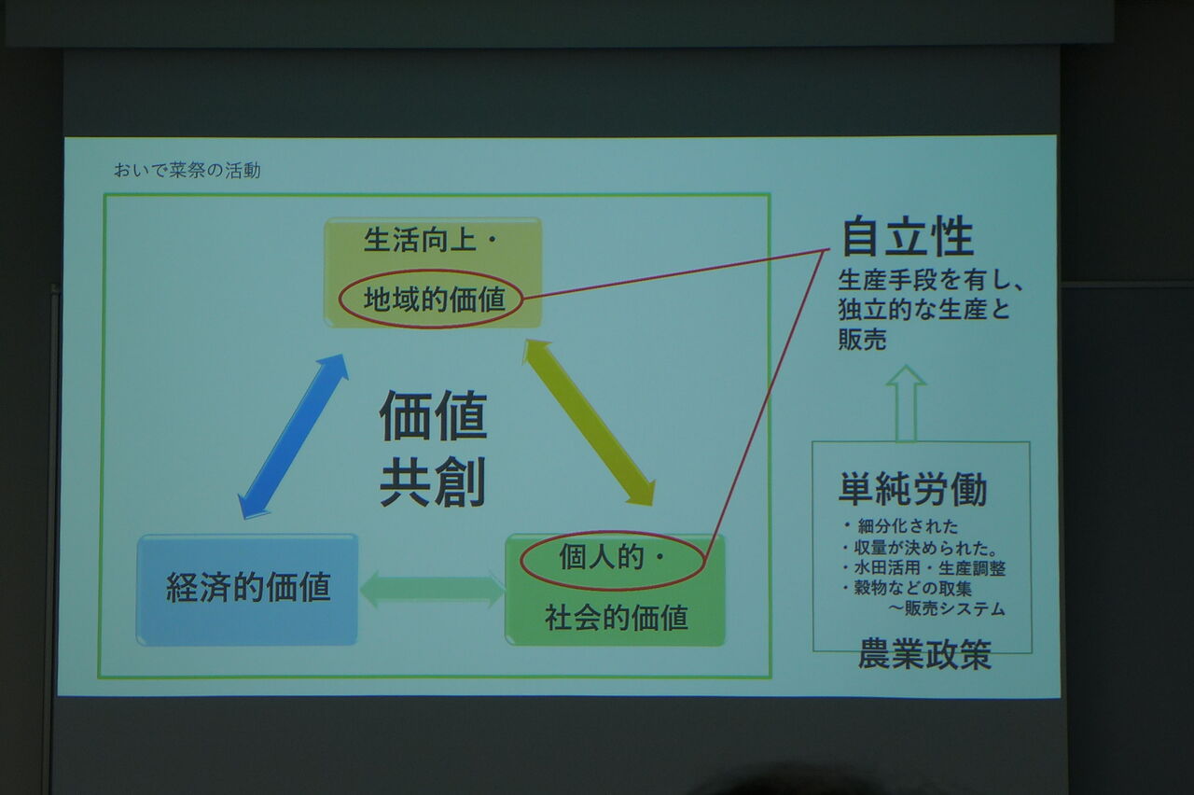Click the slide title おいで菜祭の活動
(187, 171)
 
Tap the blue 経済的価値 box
(247, 589)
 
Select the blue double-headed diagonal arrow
(293, 436)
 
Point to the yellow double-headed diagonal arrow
(589, 422)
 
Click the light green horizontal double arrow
(432, 589)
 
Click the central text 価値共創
(433, 448)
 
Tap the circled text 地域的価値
(435, 300)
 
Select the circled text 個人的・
(611, 558)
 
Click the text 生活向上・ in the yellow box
(431, 240)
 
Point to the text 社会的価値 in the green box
(617, 619)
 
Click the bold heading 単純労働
(912, 488)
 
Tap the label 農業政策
(924, 655)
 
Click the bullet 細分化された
(900, 526)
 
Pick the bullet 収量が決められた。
(919, 548)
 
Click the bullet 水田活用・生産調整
(923, 568)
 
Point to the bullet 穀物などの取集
(907, 588)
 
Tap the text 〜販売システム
(947, 608)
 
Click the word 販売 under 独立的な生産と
(862, 339)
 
